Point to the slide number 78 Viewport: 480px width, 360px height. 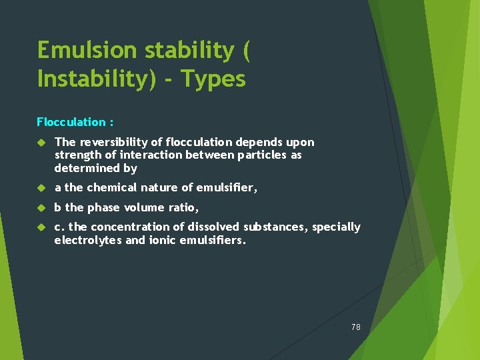pyautogui.click(x=355, y=327)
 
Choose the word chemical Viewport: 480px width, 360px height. pyautogui.click(x=112, y=188)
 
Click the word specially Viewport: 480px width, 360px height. pyautogui.click(x=336, y=227)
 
